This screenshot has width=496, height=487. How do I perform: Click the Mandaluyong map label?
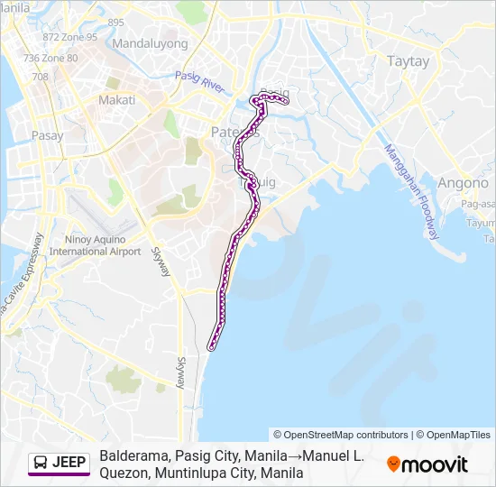coord(150,43)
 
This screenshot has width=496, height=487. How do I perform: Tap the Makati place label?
coord(116,100)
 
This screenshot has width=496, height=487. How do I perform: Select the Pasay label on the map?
coord(47,136)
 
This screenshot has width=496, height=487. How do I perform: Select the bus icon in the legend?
coord(41,463)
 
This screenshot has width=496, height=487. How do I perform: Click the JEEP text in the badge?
coord(69,463)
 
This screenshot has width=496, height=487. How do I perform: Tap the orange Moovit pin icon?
coord(393,464)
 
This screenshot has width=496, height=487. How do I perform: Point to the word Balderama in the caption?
coord(134,456)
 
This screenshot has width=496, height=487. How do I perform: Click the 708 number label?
coord(40,77)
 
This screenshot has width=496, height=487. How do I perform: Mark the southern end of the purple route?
coord(211,346)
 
